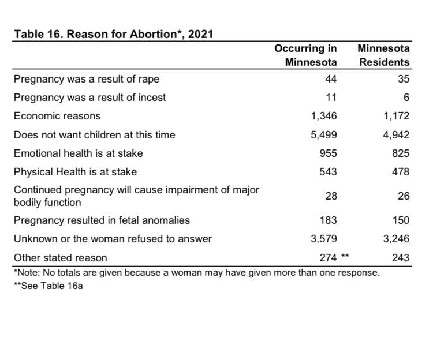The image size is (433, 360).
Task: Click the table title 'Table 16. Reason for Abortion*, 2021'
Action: coord(114,34)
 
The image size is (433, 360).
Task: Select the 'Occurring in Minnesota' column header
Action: coord(305,55)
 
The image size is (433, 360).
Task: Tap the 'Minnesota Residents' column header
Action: coord(383,55)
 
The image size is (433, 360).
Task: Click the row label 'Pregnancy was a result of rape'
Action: coord(87,79)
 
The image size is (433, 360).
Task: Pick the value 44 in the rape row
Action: coord(331,79)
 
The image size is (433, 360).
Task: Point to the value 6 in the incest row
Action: coord(406,97)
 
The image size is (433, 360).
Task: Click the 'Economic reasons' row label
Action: coord(57,116)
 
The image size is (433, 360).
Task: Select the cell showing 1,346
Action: coord(324,116)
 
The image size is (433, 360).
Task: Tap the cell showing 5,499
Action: coord(324,135)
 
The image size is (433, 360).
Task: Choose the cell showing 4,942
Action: coord(396,135)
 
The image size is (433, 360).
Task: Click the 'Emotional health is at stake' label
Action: coord(79,153)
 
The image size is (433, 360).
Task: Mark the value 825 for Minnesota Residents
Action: coord(401,153)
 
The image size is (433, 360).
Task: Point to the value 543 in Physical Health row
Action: coord(329,172)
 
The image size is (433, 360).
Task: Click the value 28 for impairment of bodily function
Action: coord(331,196)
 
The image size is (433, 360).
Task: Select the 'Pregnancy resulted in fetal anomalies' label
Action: coord(102,220)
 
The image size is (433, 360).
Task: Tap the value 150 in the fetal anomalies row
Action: coord(401,220)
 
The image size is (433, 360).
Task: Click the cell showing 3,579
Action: coord(324,239)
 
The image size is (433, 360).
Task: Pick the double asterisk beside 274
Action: coord(345,256)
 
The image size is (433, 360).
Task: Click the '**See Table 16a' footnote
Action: coord(48,286)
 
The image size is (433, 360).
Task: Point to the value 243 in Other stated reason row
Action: coord(401,258)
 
